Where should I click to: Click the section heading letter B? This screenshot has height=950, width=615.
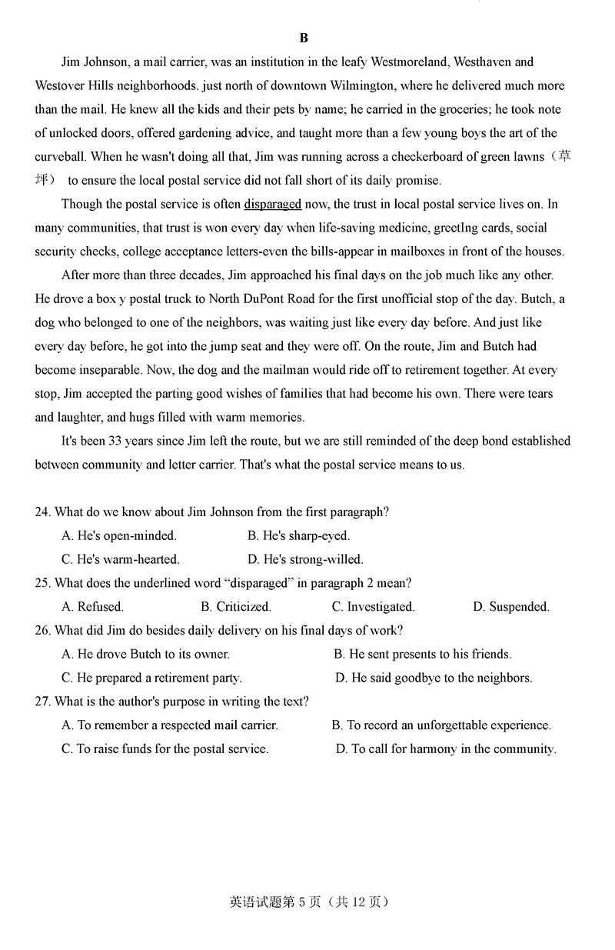(304, 38)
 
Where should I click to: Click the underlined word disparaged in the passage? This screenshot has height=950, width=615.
(272, 204)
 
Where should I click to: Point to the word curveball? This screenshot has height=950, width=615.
(60, 156)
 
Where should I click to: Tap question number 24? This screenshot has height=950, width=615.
(42, 512)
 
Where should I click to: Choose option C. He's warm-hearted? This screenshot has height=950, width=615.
(120, 559)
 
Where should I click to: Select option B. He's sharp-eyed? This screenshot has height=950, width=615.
(298, 535)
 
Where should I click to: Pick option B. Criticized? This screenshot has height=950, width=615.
(236, 607)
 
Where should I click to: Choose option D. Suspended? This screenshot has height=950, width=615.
(510, 607)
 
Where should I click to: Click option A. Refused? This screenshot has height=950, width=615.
(92, 607)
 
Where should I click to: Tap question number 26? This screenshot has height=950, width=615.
(42, 631)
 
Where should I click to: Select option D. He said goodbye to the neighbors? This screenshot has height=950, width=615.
(434, 678)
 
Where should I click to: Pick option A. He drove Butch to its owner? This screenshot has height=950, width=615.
(145, 654)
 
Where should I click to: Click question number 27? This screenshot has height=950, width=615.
(42, 702)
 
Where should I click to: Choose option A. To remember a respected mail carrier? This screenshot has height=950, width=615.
(169, 725)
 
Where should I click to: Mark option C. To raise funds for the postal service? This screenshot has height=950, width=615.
(165, 748)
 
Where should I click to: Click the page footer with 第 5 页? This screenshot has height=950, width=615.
(308, 902)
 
